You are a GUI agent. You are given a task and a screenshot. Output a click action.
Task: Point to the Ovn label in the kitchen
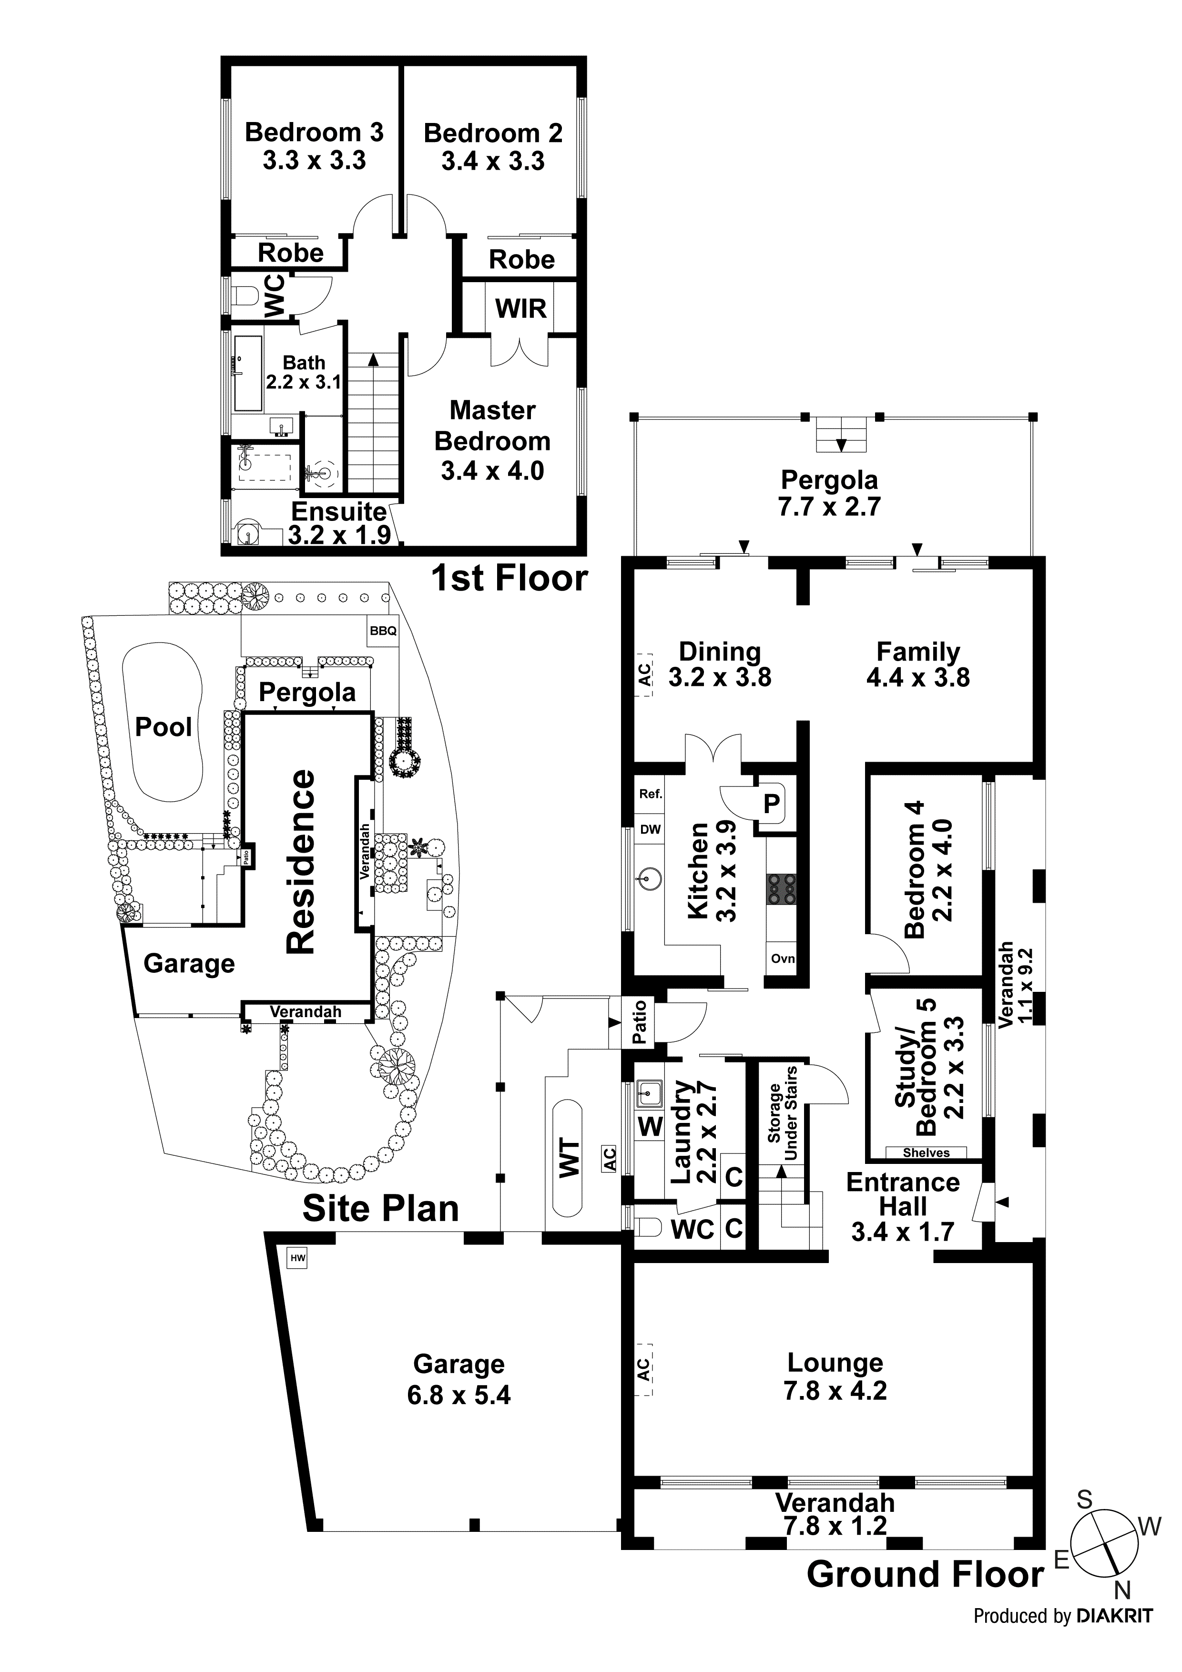point(783,958)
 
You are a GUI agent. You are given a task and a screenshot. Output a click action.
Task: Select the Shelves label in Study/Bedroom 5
point(926,1153)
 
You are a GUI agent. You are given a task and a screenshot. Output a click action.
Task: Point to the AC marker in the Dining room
point(644,674)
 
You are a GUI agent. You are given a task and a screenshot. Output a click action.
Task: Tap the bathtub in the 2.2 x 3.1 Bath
point(248,374)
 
